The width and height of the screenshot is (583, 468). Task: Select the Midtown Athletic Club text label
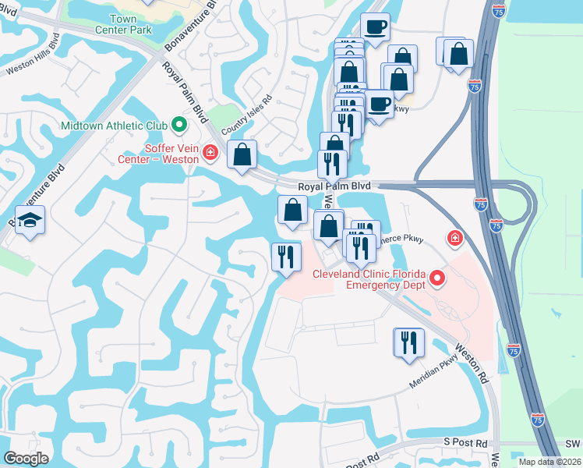(x=113, y=125)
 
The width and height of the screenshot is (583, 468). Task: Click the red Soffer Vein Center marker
(x=209, y=153)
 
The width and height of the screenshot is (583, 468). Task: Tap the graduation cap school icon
(x=30, y=222)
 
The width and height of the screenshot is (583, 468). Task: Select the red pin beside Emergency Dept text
(x=438, y=278)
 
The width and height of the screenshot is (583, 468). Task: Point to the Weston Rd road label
(x=472, y=364)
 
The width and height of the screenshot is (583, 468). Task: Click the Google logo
(x=26, y=458)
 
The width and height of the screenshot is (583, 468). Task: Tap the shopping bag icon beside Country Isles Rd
(x=242, y=154)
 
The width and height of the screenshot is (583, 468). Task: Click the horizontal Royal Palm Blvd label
(x=334, y=187)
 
